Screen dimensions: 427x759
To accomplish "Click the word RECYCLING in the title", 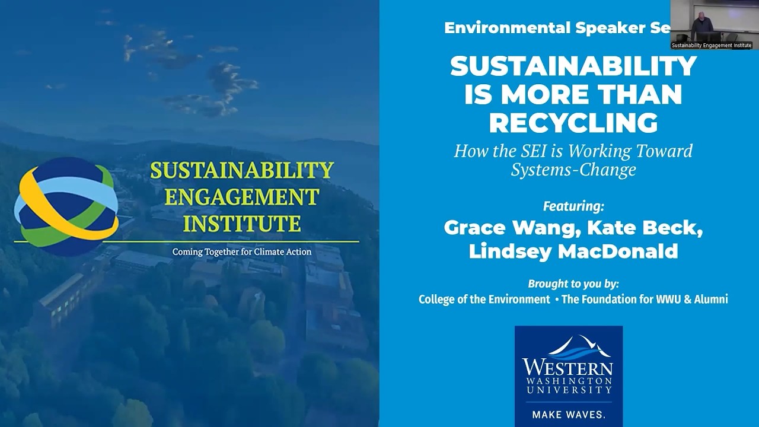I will click(x=573, y=123).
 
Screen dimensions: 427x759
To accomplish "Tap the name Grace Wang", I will click(x=500, y=228).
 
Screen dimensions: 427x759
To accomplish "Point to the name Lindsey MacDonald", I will click(x=573, y=251).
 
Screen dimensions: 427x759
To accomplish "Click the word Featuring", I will click(x=573, y=206).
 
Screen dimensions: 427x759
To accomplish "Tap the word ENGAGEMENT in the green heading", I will click(x=242, y=197).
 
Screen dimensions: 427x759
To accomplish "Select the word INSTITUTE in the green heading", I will click(x=242, y=224).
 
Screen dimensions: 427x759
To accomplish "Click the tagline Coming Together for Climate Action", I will click(x=242, y=251).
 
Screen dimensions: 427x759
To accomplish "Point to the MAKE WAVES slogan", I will click(x=568, y=414).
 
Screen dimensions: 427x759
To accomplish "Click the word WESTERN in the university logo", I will click(x=567, y=365).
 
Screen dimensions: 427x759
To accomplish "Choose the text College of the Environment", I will click(x=484, y=299).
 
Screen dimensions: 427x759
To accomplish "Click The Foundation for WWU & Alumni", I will click(x=645, y=299).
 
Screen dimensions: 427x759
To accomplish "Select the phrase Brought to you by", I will click(x=573, y=283).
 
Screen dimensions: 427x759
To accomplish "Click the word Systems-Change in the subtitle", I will click(x=573, y=170).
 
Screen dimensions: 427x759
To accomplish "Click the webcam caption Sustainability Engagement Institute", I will click(x=712, y=46).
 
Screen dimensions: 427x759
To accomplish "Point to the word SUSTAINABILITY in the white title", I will click(x=573, y=66).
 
